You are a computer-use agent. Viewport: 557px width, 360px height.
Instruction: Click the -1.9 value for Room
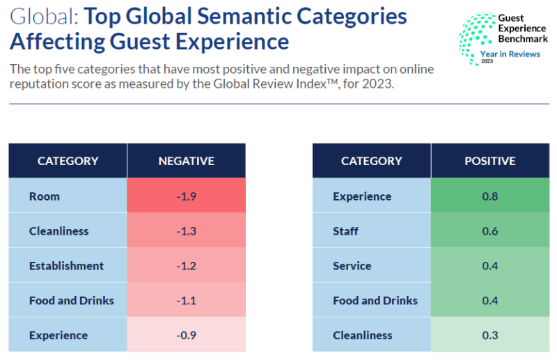point(186,196)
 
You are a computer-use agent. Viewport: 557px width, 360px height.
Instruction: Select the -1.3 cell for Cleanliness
point(186,231)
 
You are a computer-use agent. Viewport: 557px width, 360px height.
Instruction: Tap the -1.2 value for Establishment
point(186,266)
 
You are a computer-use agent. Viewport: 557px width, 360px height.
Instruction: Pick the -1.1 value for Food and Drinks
point(186,301)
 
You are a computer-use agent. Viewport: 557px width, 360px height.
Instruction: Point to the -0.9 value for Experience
point(186,336)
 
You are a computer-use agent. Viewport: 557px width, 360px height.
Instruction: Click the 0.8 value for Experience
point(489,196)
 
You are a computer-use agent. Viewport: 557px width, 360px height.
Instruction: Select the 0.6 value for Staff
point(489,231)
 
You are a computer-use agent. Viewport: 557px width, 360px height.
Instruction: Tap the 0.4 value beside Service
point(489,266)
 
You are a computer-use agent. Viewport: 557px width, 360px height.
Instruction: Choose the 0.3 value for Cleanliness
point(489,336)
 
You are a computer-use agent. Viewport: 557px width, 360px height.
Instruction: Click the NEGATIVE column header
point(186,161)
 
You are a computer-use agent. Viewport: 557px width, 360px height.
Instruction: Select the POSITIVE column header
point(489,161)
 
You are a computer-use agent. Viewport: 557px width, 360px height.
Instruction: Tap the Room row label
point(45,196)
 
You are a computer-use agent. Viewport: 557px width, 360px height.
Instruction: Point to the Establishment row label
point(66,266)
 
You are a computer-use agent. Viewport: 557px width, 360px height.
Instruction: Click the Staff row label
point(346,231)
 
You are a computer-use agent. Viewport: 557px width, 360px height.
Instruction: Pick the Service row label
point(352,266)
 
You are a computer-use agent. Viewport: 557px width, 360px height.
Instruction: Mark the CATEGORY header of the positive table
point(371,161)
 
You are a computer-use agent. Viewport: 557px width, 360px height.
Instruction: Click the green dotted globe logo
point(476,36)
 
